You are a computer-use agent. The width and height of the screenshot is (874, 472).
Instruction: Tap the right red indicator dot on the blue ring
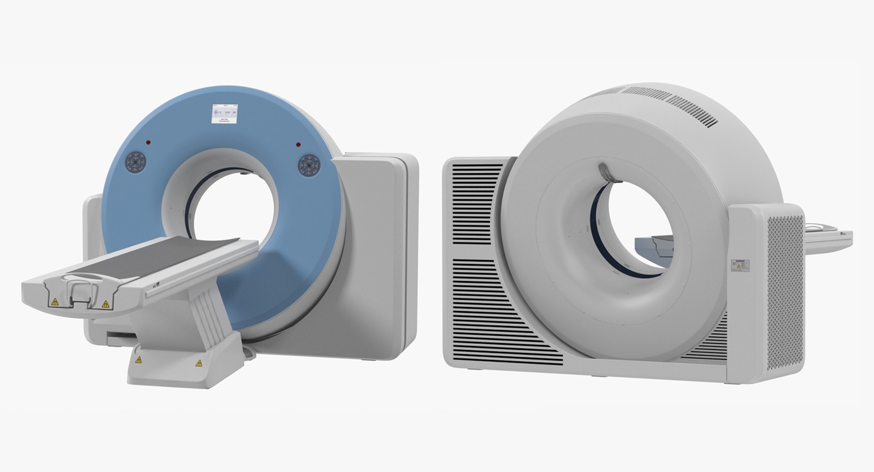[298, 145]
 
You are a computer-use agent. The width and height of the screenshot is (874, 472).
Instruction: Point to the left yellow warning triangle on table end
[55, 301]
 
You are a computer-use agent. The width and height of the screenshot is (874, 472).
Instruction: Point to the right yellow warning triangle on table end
[106, 304]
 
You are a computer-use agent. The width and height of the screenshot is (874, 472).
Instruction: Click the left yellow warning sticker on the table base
[138, 360]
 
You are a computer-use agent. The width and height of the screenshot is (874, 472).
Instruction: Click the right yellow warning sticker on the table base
[198, 363]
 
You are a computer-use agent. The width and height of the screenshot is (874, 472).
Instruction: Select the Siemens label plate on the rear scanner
[740, 266]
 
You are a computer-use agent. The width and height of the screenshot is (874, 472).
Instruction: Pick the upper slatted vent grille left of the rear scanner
[476, 205]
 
